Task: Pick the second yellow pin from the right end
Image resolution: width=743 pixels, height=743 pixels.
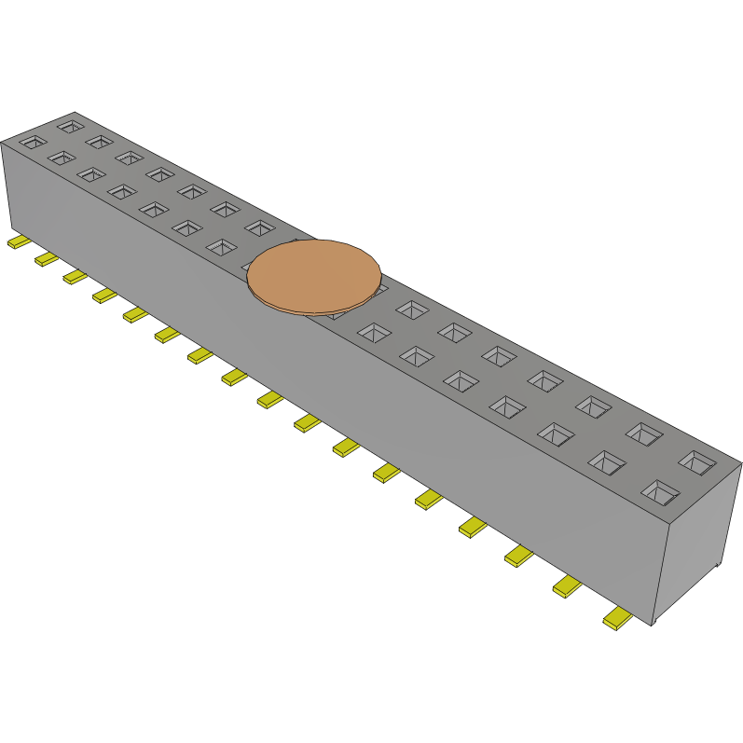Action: tap(566, 586)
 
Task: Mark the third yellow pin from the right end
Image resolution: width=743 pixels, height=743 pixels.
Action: tap(517, 557)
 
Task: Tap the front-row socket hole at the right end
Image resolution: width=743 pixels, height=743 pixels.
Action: tap(661, 491)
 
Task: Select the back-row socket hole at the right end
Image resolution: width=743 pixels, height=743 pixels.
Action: tap(696, 461)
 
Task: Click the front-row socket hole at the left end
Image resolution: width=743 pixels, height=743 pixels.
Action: tap(33, 142)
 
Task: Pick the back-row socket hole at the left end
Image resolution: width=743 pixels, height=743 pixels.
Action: tap(70, 125)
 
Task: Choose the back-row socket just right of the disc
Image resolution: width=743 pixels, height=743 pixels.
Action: tap(410, 308)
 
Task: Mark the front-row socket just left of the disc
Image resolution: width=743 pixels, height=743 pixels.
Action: tap(221, 247)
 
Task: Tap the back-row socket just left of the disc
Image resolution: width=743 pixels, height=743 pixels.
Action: tap(259, 227)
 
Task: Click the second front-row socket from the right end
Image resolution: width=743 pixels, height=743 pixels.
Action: tap(607, 461)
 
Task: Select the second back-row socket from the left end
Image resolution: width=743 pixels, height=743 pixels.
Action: tap(99, 141)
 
